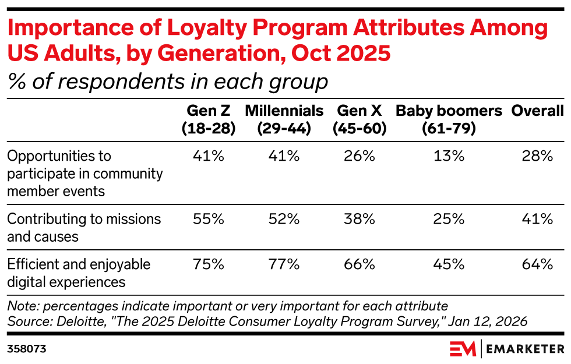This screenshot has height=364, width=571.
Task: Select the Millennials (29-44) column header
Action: click(284, 120)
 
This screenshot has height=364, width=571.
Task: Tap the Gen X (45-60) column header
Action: click(359, 120)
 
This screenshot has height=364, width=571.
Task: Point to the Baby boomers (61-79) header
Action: click(449, 120)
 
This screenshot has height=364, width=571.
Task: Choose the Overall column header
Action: click(537, 111)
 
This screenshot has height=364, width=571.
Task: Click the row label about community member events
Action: click(85, 173)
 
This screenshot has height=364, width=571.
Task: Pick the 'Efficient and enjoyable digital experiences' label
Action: click(79, 273)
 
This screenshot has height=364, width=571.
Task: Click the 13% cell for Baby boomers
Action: click(449, 156)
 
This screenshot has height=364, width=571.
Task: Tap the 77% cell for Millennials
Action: click(284, 264)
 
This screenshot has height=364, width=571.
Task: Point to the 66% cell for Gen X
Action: click(359, 264)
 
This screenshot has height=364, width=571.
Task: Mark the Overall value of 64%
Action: click(537, 264)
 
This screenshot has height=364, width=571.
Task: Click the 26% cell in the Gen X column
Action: click(359, 156)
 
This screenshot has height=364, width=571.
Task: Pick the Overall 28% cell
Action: click(537, 156)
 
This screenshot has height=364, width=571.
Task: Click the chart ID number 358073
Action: click(27, 349)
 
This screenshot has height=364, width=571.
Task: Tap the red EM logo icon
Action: click(463, 349)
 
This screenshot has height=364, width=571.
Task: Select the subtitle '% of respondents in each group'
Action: click(168, 82)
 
